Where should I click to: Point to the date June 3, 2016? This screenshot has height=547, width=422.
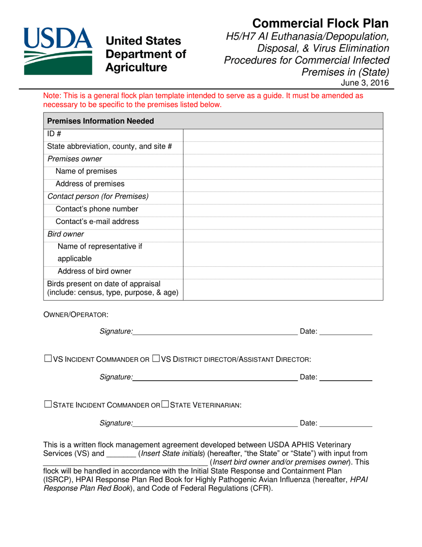[x=365, y=83]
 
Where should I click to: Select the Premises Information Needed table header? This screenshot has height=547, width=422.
[x=101, y=121]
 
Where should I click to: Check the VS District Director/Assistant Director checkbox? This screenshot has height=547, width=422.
[x=156, y=358]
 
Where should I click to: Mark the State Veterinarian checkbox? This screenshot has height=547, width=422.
[x=165, y=405]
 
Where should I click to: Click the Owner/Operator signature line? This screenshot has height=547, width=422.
[x=215, y=331]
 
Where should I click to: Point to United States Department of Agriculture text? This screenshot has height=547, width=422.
[x=145, y=54]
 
